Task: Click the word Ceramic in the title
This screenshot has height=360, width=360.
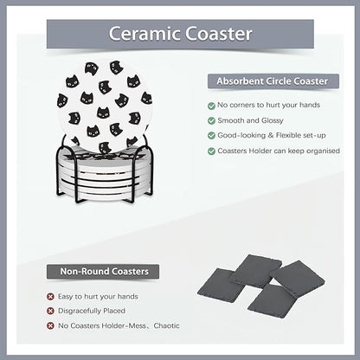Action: (x=145, y=34)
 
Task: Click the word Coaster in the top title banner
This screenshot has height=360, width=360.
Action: (x=219, y=34)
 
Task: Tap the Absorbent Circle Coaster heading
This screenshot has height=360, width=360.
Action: (x=273, y=81)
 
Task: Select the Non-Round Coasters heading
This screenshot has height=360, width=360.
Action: (x=105, y=272)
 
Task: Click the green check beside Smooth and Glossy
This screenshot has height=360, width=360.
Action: (x=211, y=120)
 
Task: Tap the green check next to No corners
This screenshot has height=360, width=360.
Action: (x=211, y=106)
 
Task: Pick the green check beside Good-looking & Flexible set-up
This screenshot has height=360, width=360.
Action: (x=211, y=136)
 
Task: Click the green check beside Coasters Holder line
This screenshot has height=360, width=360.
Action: (x=211, y=151)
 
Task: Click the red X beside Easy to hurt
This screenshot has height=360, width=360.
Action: (x=50, y=297)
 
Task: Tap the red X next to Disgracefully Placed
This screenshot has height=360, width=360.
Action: (x=50, y=311)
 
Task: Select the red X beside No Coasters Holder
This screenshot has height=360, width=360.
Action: (x=50, y=326)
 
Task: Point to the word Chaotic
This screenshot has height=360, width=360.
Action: (x=166, y=325)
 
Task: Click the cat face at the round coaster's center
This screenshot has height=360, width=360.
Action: (x=103, y=112)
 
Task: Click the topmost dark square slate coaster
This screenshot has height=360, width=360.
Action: (x=255, y=270)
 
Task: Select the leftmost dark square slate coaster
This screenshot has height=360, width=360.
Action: (x=220, y=285)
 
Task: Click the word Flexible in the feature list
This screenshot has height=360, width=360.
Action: (x=291, y=135)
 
